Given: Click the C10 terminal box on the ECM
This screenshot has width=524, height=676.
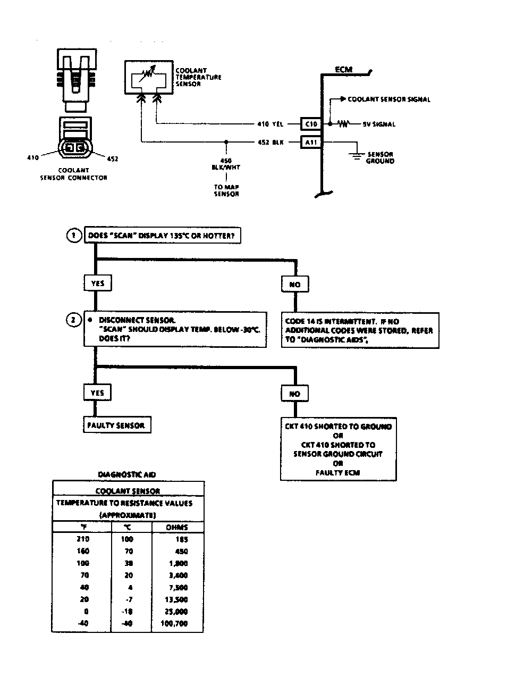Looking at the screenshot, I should tap(310, 124).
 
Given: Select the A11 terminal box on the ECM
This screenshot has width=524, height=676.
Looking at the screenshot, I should tap(310, 142).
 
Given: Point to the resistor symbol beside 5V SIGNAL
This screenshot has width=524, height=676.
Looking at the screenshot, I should tap(344, 124).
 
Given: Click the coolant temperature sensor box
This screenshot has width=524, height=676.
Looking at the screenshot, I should tap(149, 78).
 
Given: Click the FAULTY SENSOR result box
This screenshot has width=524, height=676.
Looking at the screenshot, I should tap(116, 425).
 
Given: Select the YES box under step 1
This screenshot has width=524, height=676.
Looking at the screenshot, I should tap(97, 283).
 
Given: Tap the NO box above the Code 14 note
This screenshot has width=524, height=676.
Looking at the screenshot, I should tap(294, 285).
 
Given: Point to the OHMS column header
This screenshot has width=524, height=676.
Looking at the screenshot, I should tap(176, 528).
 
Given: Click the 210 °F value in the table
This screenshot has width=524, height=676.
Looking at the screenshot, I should tap(83, 539).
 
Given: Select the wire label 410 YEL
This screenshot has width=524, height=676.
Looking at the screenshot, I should tap(270, 124).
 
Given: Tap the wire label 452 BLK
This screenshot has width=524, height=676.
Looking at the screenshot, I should tap(270, 142).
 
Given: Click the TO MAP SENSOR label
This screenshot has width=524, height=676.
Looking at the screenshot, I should tap(226, 190).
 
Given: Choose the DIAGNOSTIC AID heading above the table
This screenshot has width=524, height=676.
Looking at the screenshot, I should tap(127, 474).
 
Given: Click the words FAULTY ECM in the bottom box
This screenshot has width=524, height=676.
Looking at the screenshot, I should tap(337, 472).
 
